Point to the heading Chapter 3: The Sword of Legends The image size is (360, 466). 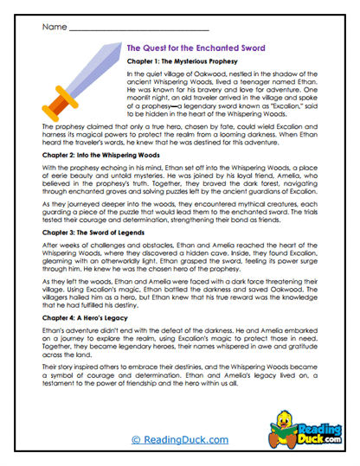(x=97, y=233)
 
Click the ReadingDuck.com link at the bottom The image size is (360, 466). (x=178, y=440)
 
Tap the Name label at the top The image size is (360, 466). (x=54, y=27)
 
